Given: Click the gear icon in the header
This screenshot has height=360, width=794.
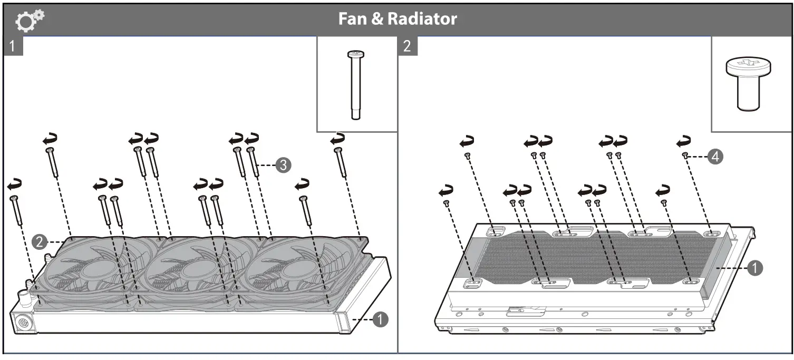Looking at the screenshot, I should point(30,20).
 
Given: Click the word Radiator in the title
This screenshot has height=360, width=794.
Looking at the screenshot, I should point(422,20).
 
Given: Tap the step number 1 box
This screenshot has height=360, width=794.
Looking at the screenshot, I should point(13,46).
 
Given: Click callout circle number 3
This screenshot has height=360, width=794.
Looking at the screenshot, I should point(283,165).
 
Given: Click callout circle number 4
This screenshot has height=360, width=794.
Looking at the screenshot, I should point(715,156).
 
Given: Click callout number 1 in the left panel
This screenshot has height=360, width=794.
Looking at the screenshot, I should point(380,319).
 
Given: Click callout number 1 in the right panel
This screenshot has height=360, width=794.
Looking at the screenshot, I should point(754,268).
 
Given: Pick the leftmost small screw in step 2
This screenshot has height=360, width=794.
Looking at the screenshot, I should point(447,202).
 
